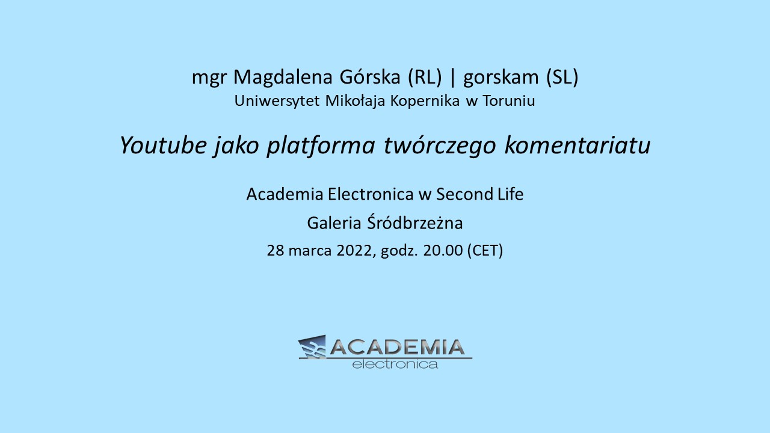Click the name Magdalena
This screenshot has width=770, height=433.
(283, 77)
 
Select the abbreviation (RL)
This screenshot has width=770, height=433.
(425, 77)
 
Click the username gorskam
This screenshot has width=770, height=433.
(501, 78)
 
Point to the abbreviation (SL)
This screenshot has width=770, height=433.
(562, 77)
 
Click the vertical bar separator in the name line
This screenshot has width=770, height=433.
(453, 78)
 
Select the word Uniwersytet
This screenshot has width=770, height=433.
(277, 100)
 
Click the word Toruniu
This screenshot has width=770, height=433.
(509, 100)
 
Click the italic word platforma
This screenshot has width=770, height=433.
(321, 146)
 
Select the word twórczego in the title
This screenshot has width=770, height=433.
(440, 146)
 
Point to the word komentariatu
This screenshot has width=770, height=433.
(577, 145)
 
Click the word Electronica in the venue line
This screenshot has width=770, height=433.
(371, 194)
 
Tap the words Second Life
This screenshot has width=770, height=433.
(480, 194)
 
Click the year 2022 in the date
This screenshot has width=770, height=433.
(354, 251)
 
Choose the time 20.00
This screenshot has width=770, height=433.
(443, 251)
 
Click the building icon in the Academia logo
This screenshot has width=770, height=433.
(312, 347)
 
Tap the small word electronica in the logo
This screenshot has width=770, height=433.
(395, 364)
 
